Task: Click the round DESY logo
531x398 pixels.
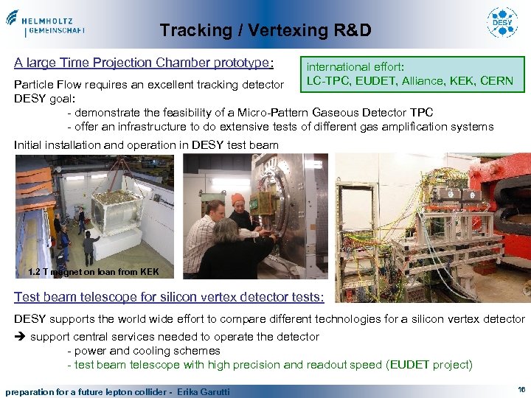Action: click(502, 23)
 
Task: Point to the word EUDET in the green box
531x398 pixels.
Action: click(373, 80)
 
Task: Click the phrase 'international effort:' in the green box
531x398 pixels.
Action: click(355, 66)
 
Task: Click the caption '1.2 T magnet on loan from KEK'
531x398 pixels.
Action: click(92, 273)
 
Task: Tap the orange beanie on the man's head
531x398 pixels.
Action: click(237, 199)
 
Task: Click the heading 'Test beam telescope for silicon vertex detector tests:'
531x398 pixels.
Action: click(169, 297)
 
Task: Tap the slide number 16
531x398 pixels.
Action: click(521, 388)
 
